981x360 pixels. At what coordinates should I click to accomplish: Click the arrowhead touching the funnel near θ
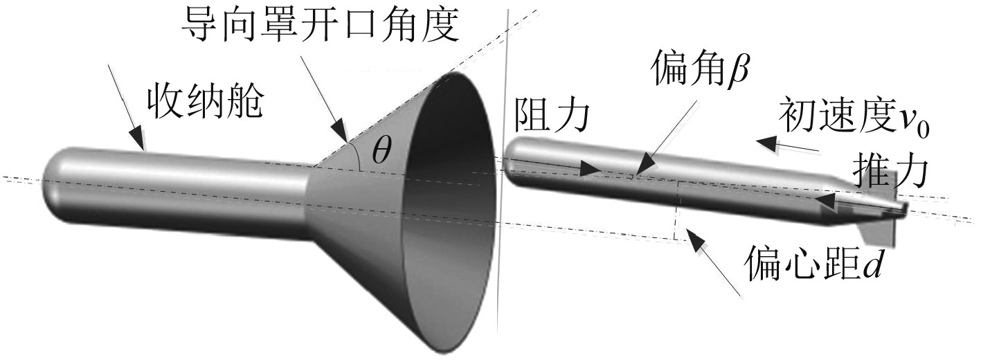(x=340, y=132)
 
